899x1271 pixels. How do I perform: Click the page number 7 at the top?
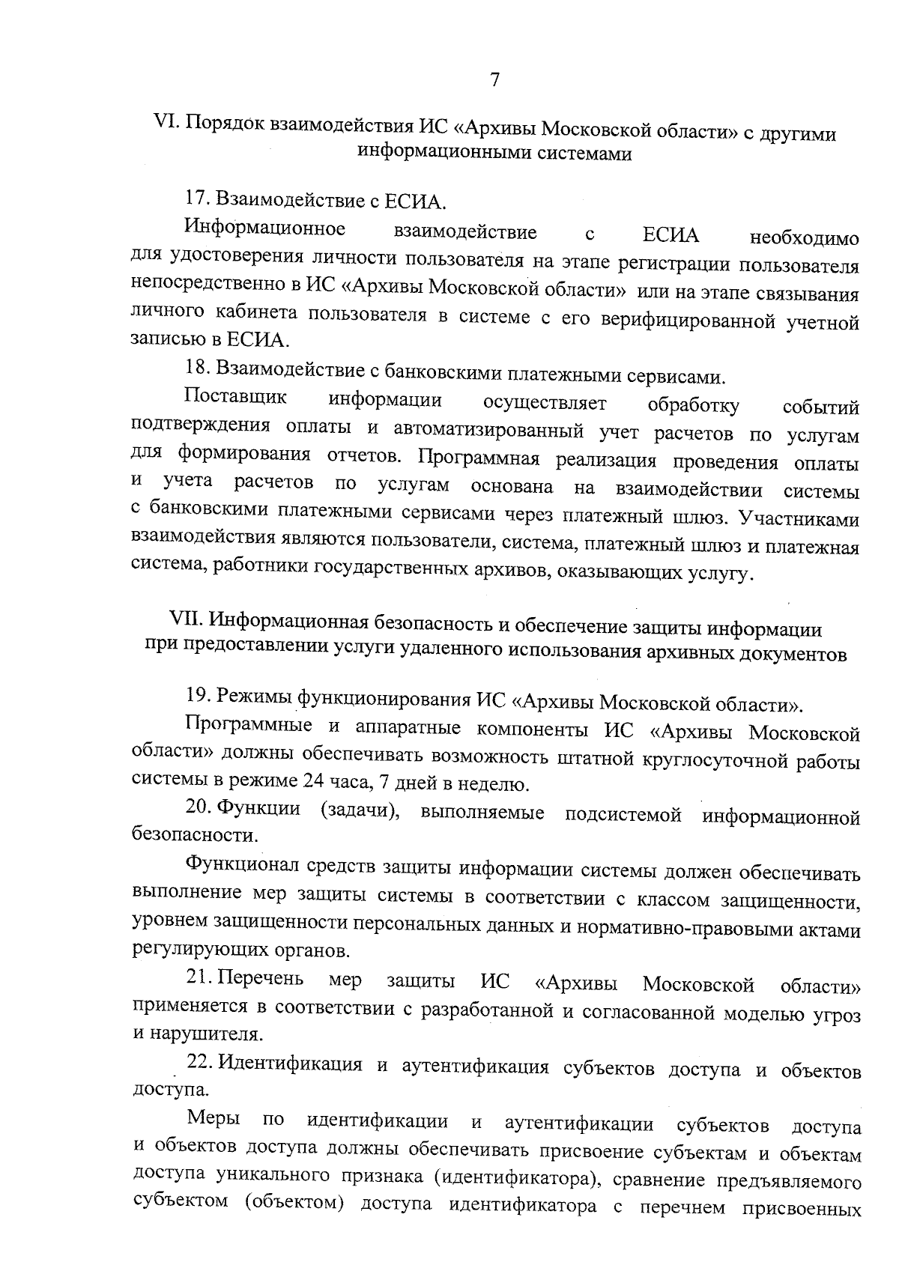tap(494, 80)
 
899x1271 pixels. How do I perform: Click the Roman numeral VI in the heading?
tap(164, 122)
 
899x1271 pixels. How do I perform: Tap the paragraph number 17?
tap(196, 200)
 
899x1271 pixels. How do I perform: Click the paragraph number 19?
tap(196, 697)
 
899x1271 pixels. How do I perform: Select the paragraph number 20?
tap(197, 810)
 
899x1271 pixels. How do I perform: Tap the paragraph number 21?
tap(197, 980)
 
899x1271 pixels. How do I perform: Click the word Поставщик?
tap(235, 396)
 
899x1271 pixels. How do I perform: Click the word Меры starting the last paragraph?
tap(214, 1120)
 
